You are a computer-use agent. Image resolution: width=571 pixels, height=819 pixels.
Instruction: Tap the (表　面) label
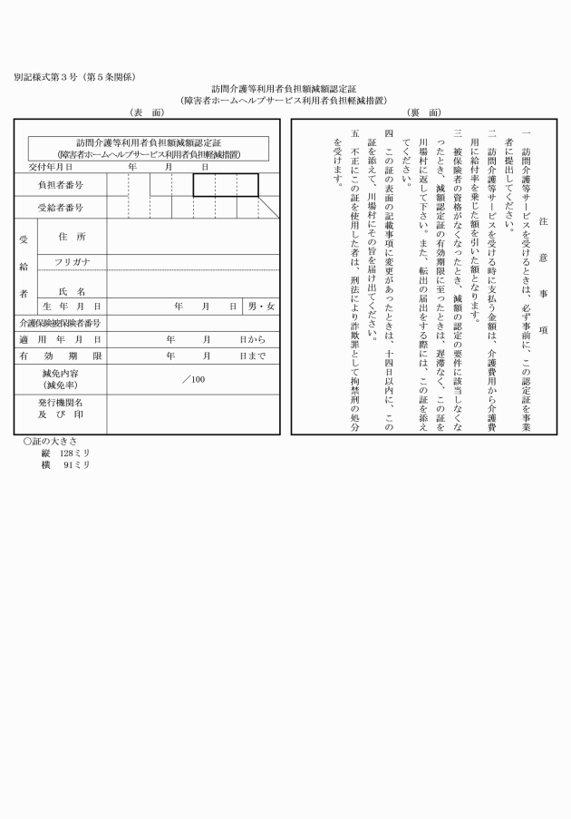point(148,112)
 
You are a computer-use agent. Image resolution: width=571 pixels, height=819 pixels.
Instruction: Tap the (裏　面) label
point(424,112)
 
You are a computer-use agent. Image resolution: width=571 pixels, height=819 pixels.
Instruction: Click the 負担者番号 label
point(60,185)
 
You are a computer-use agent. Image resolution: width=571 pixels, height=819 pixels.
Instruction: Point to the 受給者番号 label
point(60,208)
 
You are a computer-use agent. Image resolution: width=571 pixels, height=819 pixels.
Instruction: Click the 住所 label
point(71,236)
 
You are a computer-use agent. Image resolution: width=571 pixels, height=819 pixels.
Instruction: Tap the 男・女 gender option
point(262,307)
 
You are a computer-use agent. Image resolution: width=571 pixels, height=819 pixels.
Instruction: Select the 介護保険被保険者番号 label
point(59,323)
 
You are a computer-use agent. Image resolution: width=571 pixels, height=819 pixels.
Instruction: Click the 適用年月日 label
point(60,339)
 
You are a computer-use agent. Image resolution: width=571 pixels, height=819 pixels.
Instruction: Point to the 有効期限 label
point(60,356)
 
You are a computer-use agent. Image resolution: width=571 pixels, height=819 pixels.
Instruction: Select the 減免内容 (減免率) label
point(61,380)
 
